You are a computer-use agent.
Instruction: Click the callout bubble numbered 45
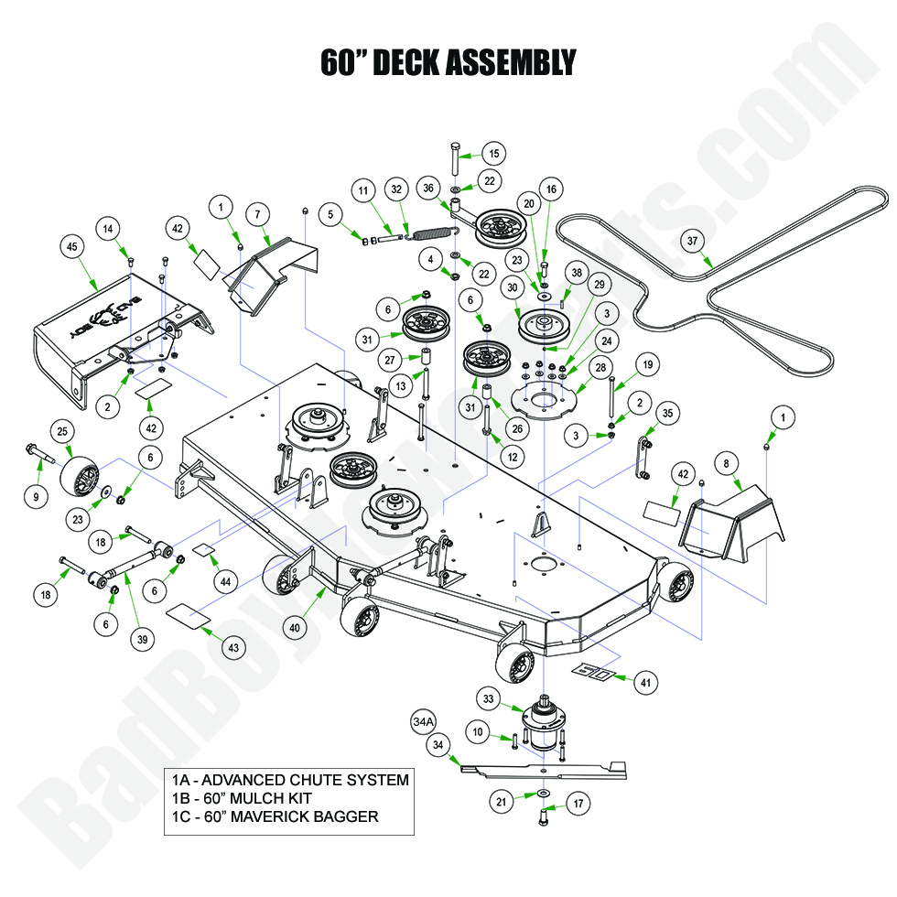click(70, 245)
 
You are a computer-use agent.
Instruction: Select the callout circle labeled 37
click(692, 241)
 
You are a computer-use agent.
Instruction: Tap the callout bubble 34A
click(423, 722)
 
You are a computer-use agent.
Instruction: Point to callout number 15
click(493, 154)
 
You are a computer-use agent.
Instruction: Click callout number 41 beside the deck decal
click(646, 681)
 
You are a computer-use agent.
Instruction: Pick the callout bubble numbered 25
click(62, 430)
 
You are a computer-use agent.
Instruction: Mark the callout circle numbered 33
click(489, 700)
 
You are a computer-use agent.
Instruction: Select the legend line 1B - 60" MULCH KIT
click(235, 798)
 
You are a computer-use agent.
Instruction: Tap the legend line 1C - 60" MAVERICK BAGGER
click(275, 816)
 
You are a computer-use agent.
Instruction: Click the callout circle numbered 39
click(142, 640)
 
